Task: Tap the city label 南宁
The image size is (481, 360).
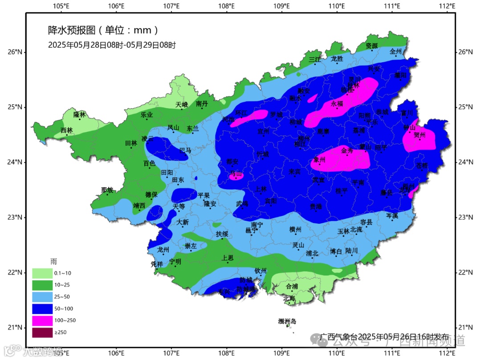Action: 257,225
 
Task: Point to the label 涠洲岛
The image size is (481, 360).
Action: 287,321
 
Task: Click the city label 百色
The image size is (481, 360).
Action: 149,163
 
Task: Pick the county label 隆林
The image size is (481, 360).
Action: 79,114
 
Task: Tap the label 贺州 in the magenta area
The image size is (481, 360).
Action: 420,135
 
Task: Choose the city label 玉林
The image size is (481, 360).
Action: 343,231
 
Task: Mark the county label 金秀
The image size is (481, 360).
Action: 347,151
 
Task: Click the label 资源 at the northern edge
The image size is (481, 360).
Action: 371,46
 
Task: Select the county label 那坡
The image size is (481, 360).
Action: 107,190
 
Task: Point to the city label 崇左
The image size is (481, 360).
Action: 191,246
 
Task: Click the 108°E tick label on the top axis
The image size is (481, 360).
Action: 227,6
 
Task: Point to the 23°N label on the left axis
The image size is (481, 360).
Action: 15,217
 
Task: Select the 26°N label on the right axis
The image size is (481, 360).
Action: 465,52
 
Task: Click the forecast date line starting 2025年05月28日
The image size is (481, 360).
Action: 112,45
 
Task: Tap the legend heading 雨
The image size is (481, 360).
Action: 53,262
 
